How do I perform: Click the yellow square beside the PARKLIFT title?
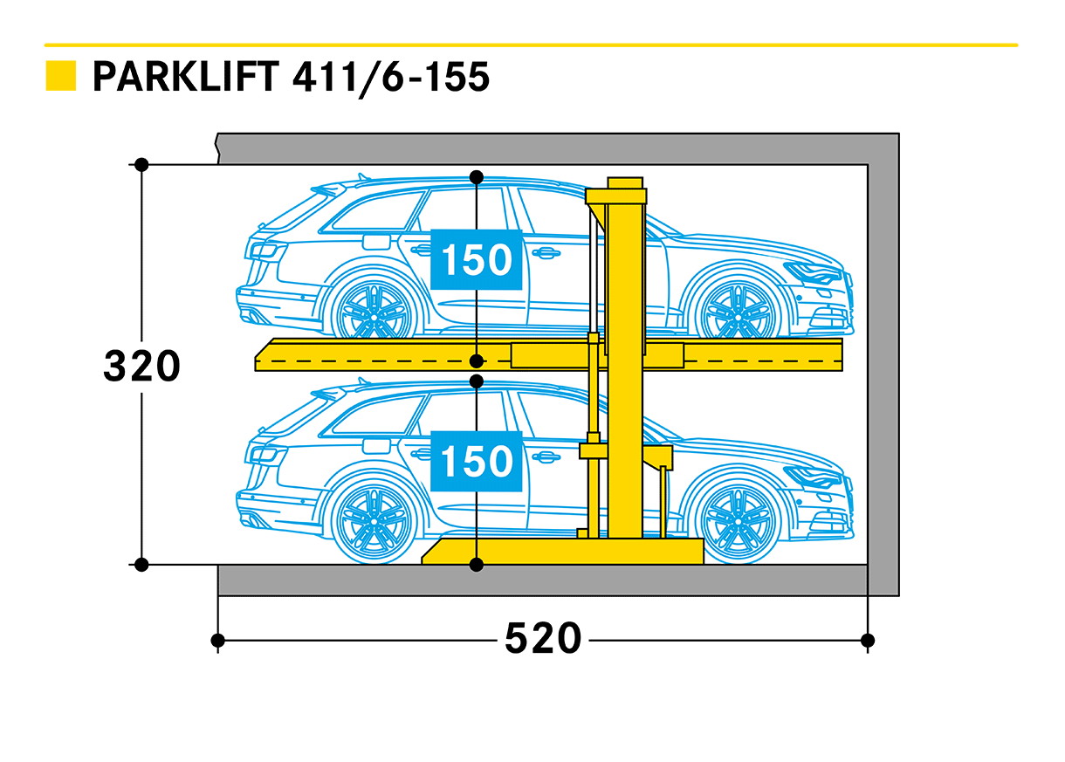click(61, 77)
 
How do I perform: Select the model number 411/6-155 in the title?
click(391, 77)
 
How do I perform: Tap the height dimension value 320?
click(141, 367)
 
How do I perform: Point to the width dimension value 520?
click(542, 640)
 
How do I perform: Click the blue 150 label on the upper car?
click(476, 260)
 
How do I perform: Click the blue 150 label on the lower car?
click(476, 461)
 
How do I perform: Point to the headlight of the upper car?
click(812, 274)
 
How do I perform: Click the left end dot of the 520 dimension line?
click(218, 641)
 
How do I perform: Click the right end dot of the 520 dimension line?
click(868, 641)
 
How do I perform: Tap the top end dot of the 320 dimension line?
click(141, 164)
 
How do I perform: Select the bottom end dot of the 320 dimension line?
click(141, 565)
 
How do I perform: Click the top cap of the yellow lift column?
click(625, 182)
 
